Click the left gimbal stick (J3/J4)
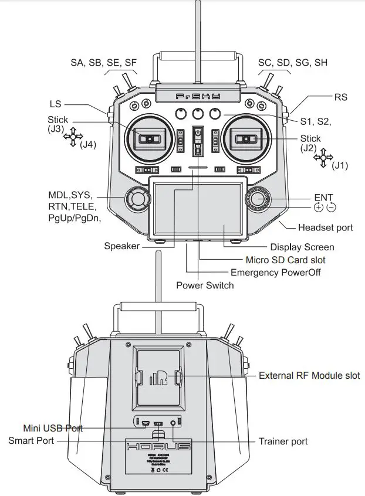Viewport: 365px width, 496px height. tap(150, 138)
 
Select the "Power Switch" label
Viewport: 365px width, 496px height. tap(205, 286)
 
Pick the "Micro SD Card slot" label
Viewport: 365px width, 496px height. tap(285, 260)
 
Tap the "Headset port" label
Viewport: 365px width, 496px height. tap(326, 227)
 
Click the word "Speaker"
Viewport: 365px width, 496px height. tap(122, 246)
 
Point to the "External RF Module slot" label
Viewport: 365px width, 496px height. tap(309, 375)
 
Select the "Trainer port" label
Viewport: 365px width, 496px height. tap(283, 441)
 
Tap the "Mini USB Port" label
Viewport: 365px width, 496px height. tap(53, 429)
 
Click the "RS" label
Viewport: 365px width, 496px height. tap(341, 97)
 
